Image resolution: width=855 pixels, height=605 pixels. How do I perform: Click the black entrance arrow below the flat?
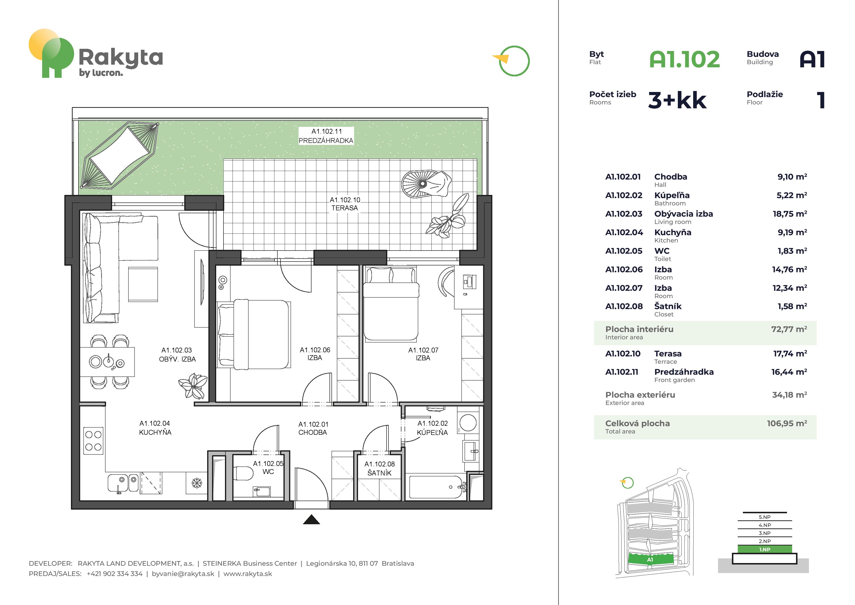click(311, 520)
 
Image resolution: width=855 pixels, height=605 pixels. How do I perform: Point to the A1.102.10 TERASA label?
click(345, 204)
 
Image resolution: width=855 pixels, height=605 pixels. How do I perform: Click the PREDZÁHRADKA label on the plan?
click(326, 141)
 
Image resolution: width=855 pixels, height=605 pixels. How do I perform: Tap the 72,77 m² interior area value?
click(789, 329)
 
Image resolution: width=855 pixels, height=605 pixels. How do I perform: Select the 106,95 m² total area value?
click(787, 423)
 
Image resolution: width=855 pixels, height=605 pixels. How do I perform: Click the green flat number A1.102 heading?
click(684, 59)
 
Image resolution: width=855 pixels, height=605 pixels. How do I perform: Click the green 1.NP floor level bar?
click(765, 549)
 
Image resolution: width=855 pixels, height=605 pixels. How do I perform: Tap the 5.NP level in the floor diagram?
click(765, 517)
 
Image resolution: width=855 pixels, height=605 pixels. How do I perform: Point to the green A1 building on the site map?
click(651, 559)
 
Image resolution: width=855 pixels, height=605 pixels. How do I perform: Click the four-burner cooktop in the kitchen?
click(93, 441)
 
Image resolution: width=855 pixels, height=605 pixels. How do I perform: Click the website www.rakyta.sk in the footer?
click(248, 574)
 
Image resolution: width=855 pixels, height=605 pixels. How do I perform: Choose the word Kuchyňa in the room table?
click(672, 232)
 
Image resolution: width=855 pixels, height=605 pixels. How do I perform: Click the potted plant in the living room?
click(193, 386)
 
